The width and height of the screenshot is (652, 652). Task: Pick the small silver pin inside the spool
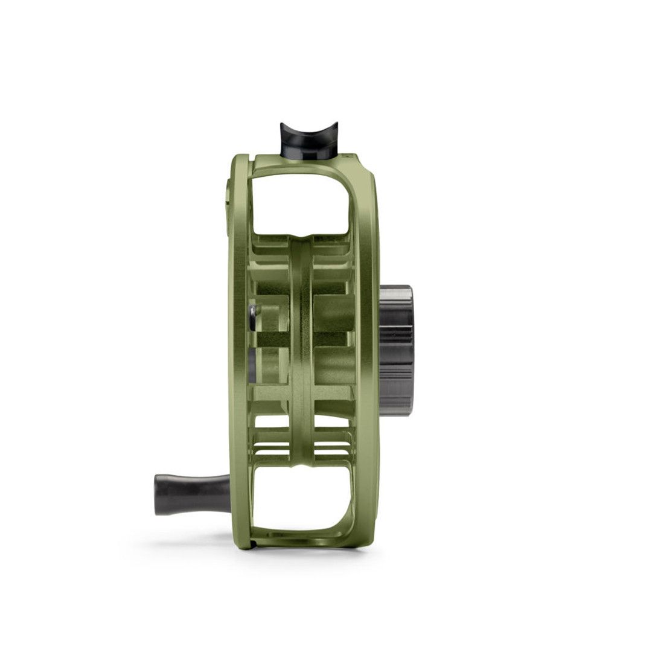[252, 310]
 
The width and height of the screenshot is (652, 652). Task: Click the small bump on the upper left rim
[228, 193]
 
